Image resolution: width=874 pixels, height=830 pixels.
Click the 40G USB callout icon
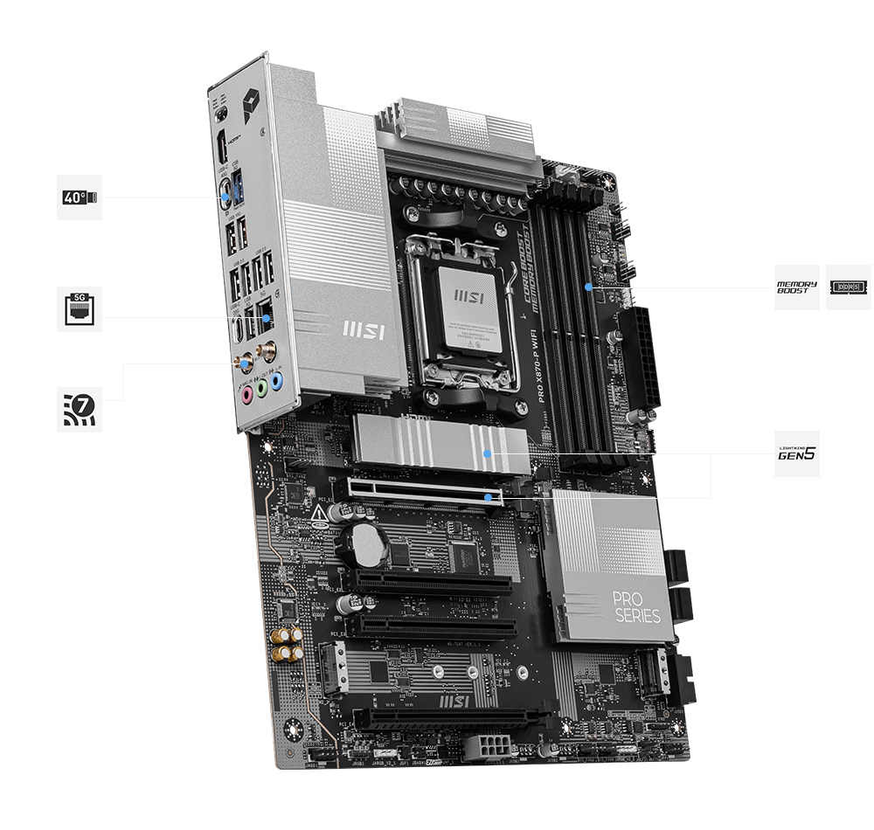80,197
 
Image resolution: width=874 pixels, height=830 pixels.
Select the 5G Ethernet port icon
80,308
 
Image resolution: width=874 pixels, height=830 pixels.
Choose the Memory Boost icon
796,287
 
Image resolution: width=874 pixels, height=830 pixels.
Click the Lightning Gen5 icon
796,453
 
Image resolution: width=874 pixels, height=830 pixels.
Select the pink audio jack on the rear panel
247,394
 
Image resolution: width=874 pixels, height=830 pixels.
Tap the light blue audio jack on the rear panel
276,381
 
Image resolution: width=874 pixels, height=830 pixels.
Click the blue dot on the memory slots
589,286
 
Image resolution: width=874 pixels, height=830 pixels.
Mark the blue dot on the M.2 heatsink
487,454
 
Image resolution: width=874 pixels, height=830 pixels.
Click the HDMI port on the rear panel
224,141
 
